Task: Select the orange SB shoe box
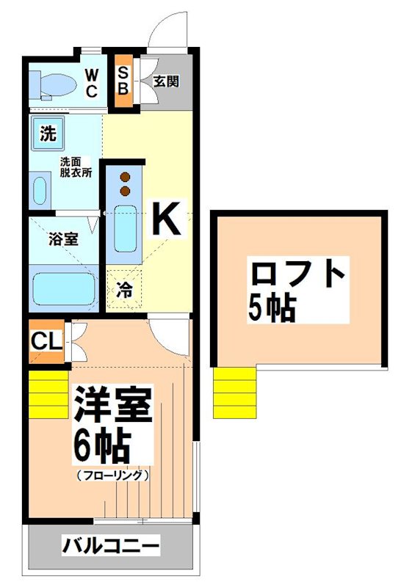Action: tap(124, 81)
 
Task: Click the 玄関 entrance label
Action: tap(166, 81)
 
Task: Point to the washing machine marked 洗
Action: tap(48, 134)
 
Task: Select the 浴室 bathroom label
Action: tap(61, 238)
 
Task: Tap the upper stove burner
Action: tap(124, 176)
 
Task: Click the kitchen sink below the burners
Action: tap(125, 228)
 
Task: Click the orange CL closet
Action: tap(46, 341)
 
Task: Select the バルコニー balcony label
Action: tap(110, 547)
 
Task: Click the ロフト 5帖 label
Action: tap(297, 291)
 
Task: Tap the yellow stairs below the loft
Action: tap(235, 393)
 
